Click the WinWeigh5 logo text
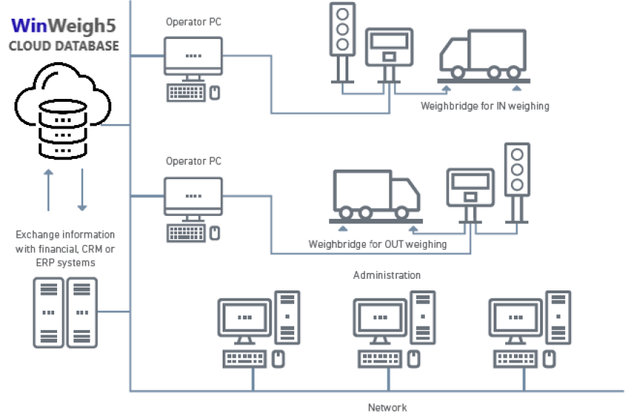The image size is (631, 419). pyautogui.click(x=63, y=27)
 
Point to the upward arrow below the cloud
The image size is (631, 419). pyautogui.click(x=49, y=190)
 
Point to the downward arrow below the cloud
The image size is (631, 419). pyautogui.click(x=82, y=190)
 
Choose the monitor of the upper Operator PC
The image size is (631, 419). pyautogui.click(x=192, y=56)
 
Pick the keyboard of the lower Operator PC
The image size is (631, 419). pyautogui.click(x=186, y=233)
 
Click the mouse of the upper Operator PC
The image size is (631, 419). pyautogui.click(x=215, y=92)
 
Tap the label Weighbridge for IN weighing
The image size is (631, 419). pyautogui.click(x=485, y=106)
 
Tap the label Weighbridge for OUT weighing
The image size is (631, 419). pyautogui.click(x=377, y=244)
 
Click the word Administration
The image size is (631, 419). pyautogui.click(x=387, y=275)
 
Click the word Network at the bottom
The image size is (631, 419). pyautogui.click(x=387, y=407)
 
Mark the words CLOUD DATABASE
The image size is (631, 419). pyautogui.click(x=64, y=47)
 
